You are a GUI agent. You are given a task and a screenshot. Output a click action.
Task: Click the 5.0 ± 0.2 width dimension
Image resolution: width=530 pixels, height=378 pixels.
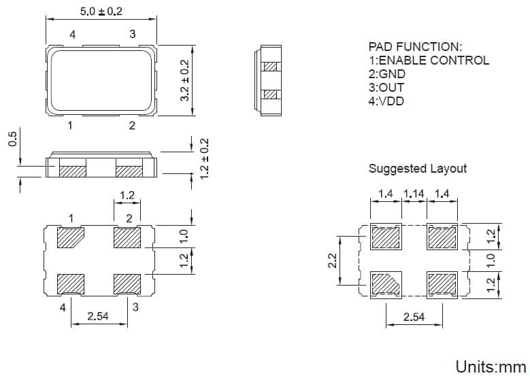101,12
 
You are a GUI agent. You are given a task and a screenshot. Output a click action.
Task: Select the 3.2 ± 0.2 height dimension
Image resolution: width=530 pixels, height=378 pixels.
184,80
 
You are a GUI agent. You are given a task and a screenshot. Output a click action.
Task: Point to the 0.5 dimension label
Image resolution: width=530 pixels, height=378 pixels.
12,139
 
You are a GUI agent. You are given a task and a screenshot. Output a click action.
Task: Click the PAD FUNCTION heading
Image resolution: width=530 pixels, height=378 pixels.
415,47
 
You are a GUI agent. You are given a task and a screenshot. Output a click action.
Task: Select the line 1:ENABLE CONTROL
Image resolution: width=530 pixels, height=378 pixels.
428,61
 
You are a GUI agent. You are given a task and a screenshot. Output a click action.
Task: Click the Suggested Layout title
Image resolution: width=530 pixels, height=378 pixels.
417,168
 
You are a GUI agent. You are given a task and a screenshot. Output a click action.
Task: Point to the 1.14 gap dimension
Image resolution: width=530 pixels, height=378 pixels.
414,194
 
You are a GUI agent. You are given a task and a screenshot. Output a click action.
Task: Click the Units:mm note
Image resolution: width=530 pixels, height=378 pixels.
490,367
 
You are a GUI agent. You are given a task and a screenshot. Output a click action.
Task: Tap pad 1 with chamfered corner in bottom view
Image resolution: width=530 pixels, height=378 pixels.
71,239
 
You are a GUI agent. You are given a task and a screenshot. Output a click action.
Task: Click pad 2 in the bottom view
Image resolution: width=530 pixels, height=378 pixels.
127,239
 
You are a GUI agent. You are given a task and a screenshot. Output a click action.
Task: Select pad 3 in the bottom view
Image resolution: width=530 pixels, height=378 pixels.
127,283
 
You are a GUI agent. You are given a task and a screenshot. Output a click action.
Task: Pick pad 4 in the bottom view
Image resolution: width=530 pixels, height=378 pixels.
71,283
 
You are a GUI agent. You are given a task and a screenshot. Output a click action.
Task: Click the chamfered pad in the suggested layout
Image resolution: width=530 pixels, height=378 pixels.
386,282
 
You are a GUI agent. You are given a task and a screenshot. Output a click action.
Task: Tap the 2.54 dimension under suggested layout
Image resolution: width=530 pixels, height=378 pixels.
414,317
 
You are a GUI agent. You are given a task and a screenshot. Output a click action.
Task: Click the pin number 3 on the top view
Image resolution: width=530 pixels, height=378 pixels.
132,34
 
